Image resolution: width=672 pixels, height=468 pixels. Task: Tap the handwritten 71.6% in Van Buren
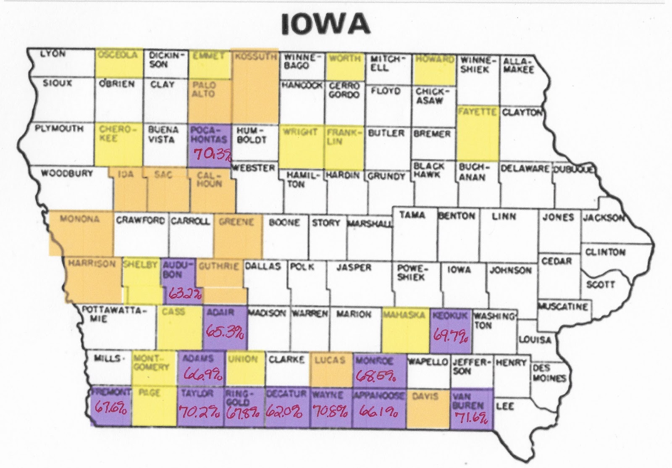471,418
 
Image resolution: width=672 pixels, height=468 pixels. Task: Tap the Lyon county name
53,54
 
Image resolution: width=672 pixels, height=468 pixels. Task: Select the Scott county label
601,284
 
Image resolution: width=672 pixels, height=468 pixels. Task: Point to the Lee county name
505,406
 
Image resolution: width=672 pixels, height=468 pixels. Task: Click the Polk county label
302,267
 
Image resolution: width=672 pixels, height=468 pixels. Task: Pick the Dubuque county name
573,169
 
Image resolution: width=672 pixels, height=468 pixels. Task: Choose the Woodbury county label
67,173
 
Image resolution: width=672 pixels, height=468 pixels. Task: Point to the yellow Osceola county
118,63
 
